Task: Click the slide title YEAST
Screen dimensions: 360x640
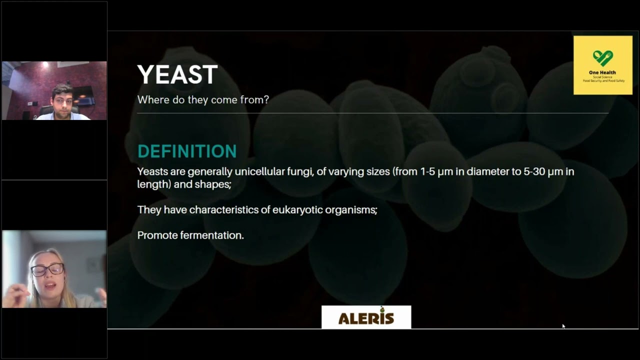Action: [177, 75]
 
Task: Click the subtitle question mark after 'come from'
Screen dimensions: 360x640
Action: [266, 99]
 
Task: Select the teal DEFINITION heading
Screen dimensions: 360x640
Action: [186, 151]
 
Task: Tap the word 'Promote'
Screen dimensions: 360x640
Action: [154, 235]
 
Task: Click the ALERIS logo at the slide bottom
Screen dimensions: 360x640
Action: [366, 317]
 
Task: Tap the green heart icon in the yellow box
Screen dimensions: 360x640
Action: [602, 57]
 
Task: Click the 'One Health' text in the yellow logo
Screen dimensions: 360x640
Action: [602, 72]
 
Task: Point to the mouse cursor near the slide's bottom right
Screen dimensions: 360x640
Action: [563, 326]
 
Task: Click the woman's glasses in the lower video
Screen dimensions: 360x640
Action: [47, 269]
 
